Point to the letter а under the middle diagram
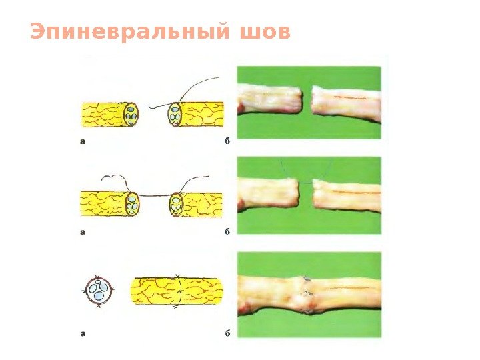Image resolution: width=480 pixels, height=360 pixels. pyautogui.click(x=83, y=232)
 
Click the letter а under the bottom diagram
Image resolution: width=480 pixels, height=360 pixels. pyautogui.click(x=83, y=333)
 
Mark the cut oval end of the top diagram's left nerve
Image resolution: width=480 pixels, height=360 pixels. pyautogui.click(x=131, y=115)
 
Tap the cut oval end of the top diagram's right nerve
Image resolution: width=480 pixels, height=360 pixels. pyautogui.click(x=175, y=115)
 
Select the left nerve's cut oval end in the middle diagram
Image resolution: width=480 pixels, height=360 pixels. pyautogui.click(x=133, y=203)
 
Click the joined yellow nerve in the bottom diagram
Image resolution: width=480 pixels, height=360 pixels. pyautogui.click(x=177, y=291)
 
